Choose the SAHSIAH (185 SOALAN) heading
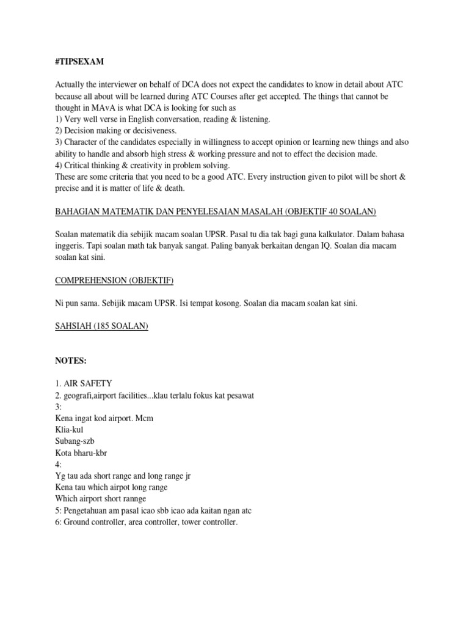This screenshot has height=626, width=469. click(x=101, y=326)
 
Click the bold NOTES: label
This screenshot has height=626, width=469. click(x=71, y=361)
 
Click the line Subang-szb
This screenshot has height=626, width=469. click(x=75, y=441)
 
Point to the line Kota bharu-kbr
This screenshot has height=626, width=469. click(x=80, y=453)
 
